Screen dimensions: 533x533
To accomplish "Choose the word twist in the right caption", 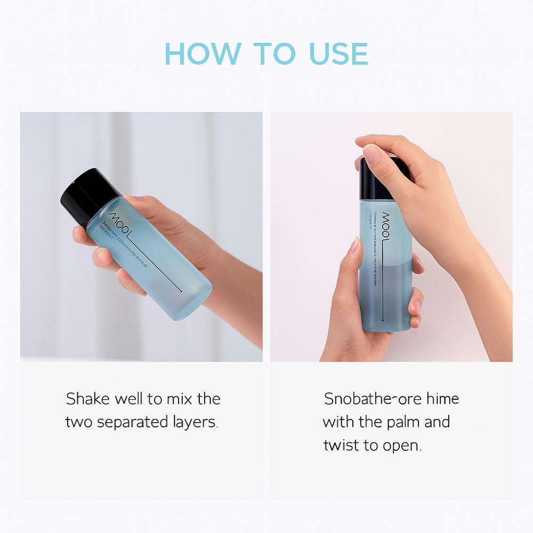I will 341,446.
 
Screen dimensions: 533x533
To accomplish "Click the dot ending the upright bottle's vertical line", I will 384,319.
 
